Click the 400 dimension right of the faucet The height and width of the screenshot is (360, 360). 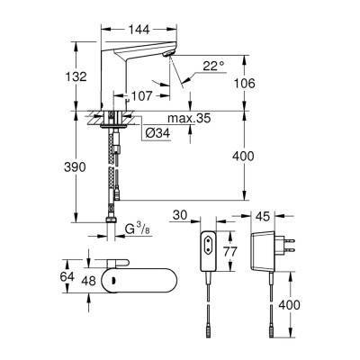256,156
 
